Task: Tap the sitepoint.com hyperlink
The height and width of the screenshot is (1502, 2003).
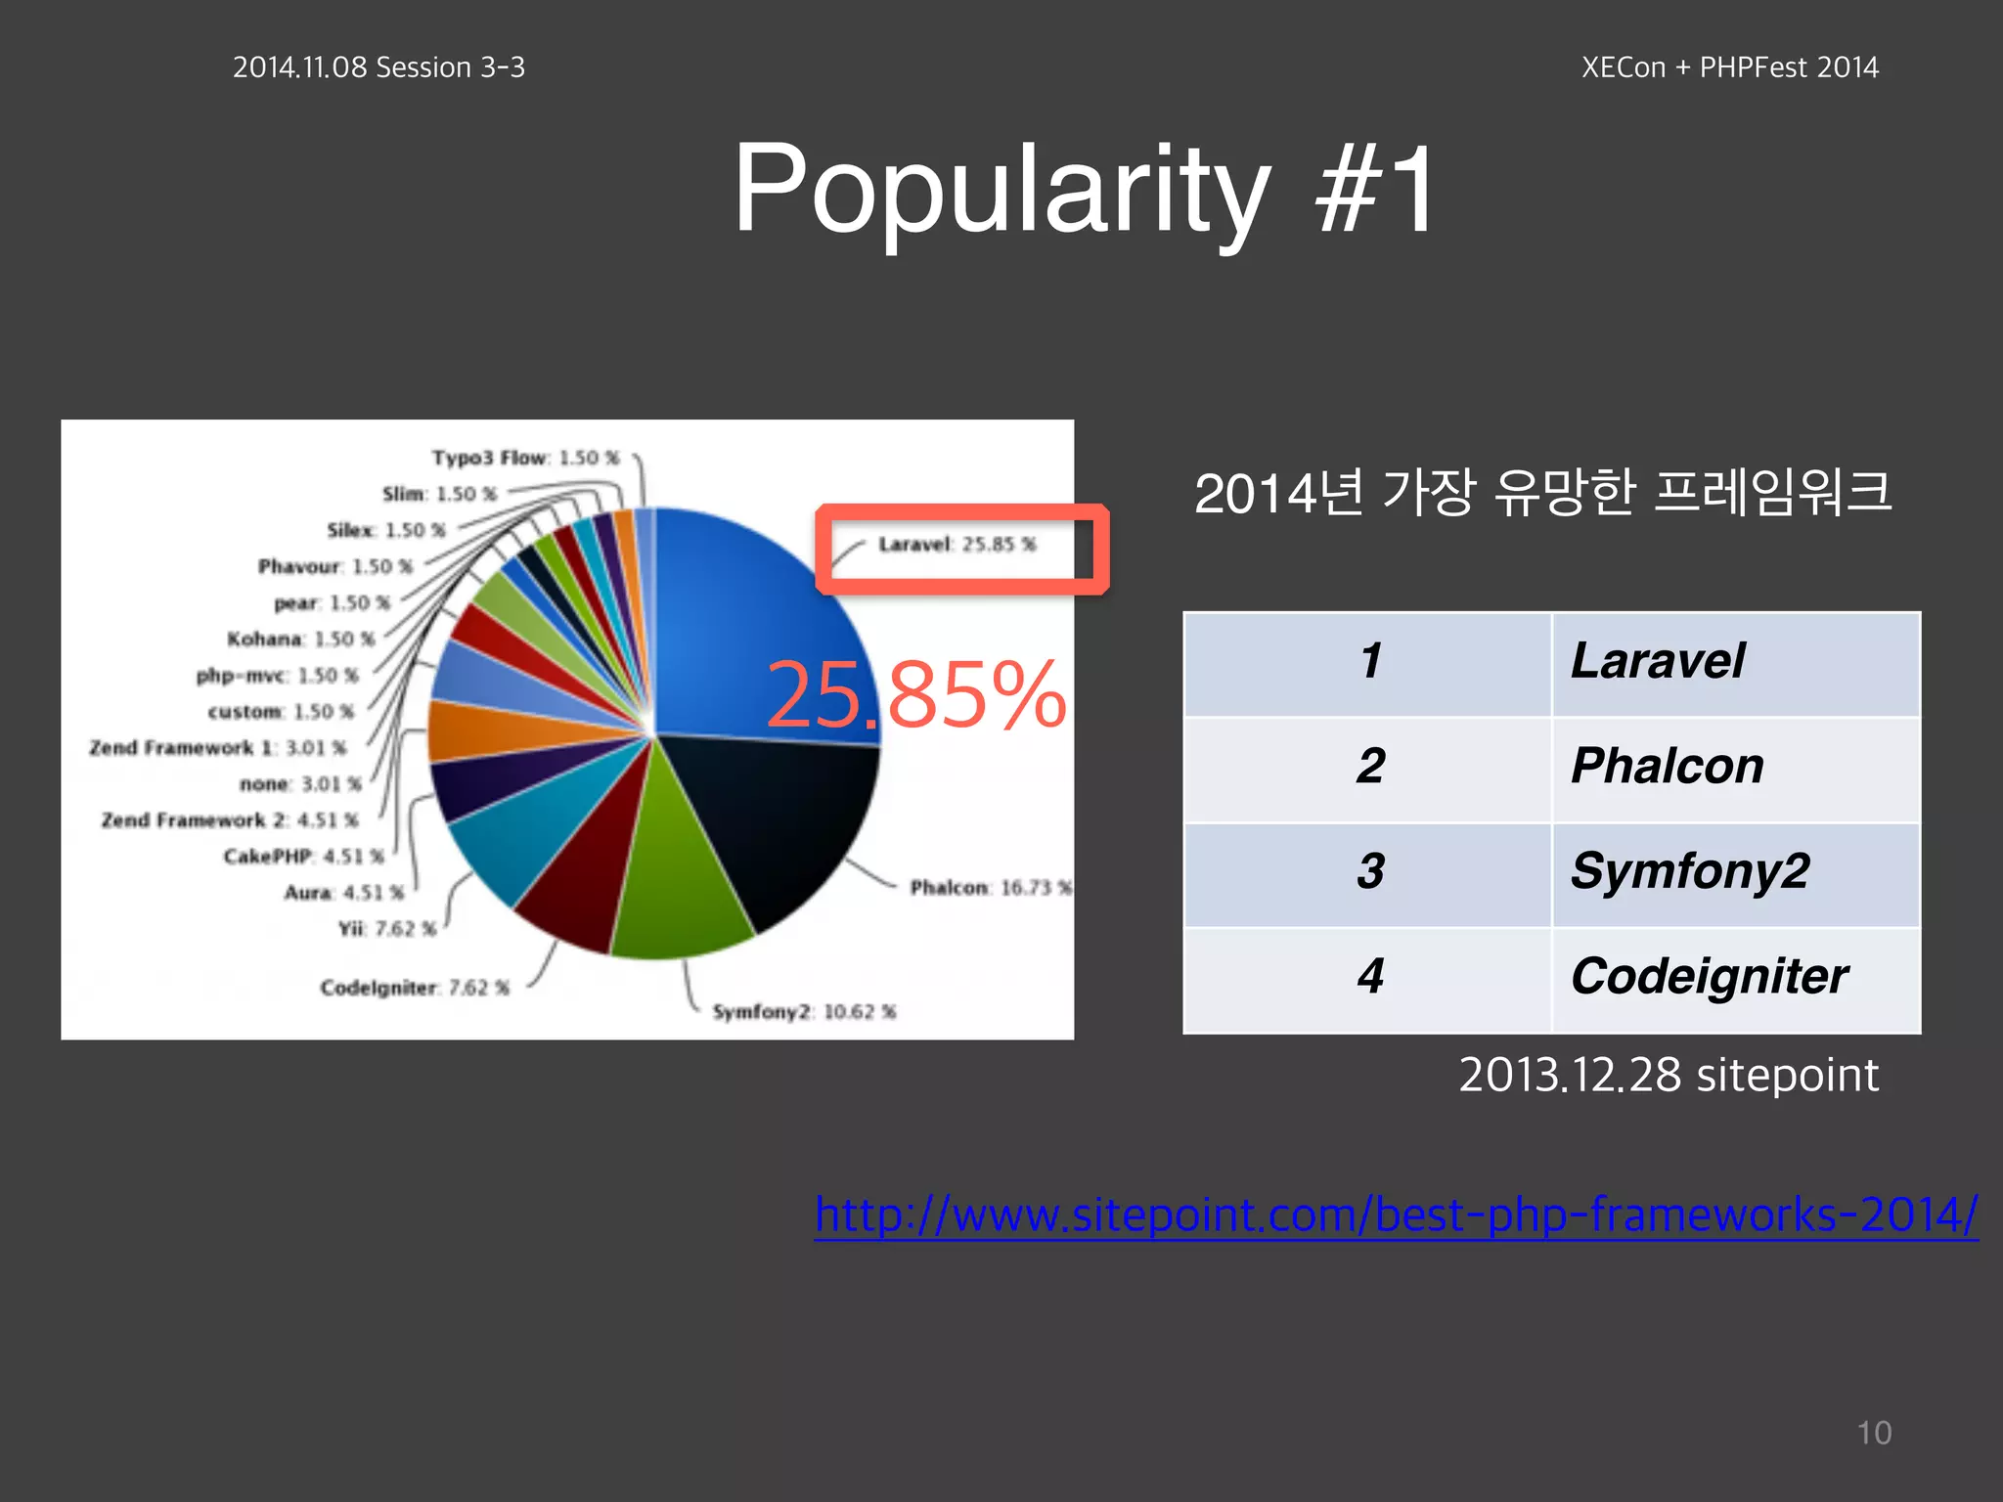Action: click(x=1396, y=1215)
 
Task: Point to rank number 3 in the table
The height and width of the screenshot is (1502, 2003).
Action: click(x=1369, y=871)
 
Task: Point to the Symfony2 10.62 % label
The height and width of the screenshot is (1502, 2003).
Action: click(x=803, y=1012)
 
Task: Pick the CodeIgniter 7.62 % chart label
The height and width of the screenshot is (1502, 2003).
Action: click(x=415, y=989)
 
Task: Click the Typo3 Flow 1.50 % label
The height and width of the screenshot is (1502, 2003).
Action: click(x=525, y=458)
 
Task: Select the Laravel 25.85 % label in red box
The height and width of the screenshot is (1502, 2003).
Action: click(x=957, y=545)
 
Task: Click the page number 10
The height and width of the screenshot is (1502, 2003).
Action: click(x=1874, y=1433)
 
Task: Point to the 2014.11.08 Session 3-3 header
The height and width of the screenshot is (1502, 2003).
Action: click(x=378, y=67)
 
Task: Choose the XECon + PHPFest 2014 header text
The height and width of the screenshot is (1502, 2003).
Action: click(x=1729, y=67)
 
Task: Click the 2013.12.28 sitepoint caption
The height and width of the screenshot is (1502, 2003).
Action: click(x=1668, y=1076)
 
